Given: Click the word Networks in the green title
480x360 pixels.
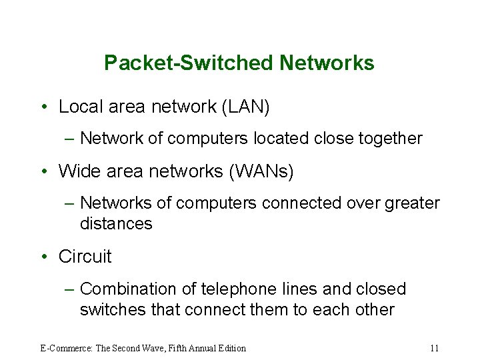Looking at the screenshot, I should tap(327, 63).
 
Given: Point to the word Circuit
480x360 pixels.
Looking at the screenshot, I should tap(85, 257).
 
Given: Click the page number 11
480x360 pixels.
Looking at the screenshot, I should tap(434, 348).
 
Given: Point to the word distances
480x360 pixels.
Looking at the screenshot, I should tap(116, 224).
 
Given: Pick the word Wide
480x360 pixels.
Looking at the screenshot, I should tap(76, 171).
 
